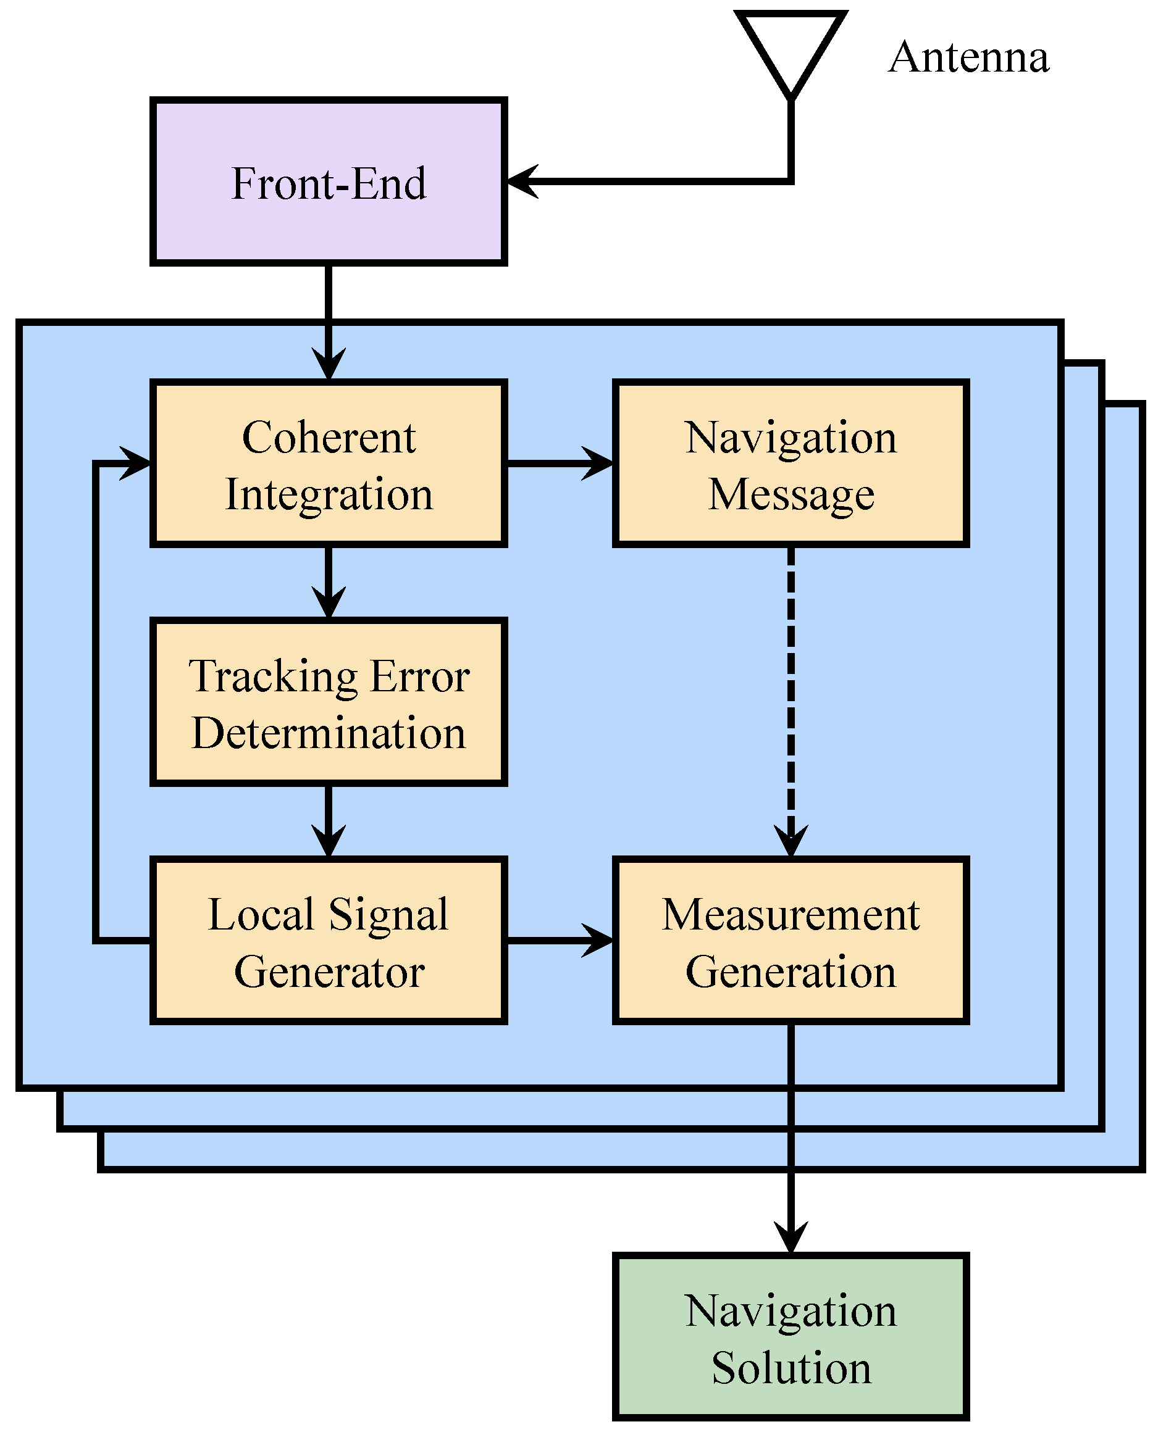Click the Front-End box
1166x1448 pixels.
pos(328,181)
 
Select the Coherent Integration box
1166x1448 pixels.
pos(328,464)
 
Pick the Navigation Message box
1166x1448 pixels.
pos(791,464)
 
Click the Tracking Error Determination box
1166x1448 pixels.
pos(328,702)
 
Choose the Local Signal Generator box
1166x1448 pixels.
pos(328,940)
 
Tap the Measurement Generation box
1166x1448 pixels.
pos(791,940)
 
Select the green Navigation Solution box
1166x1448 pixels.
pos(791,1336)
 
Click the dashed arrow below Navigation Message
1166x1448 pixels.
pos(791,699)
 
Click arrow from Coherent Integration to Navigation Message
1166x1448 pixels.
pos(561,464)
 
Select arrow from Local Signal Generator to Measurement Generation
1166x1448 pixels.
pos(561,940)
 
